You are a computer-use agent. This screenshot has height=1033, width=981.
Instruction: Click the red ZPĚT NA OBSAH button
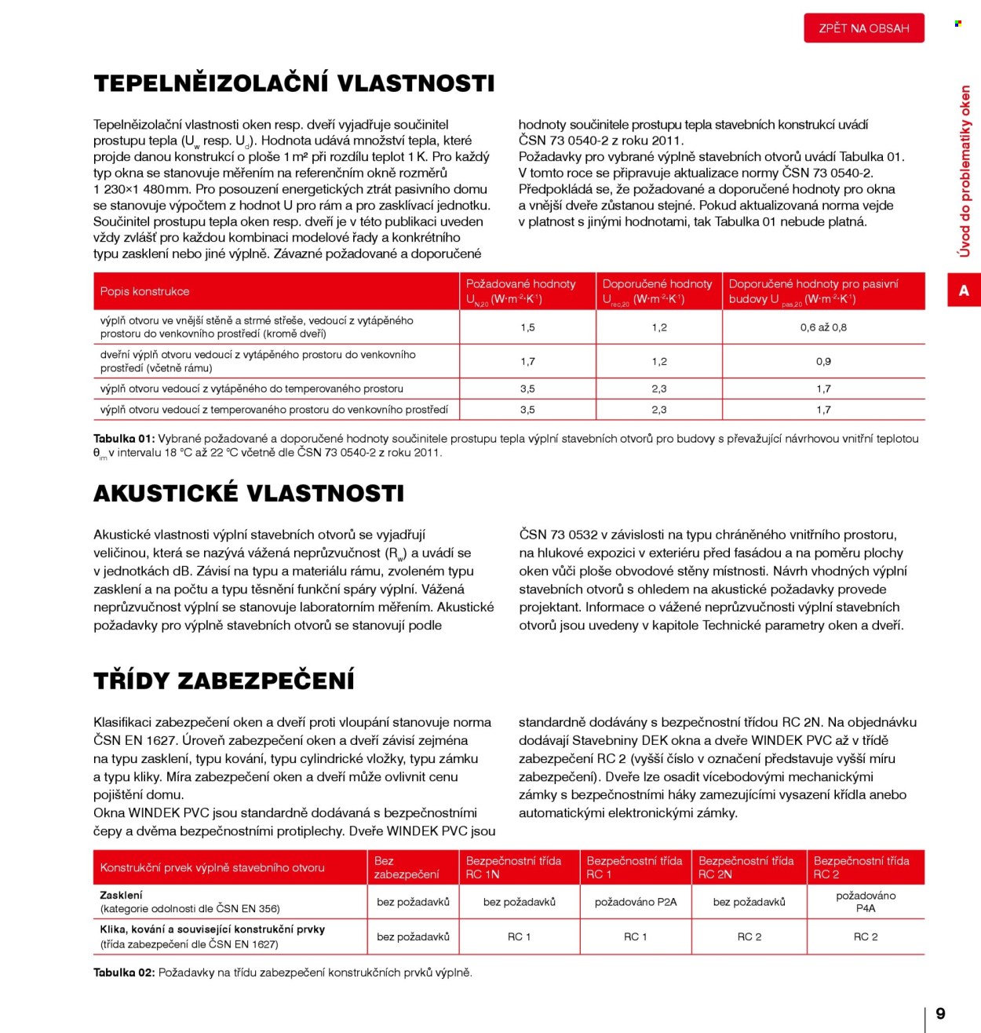[863, 28]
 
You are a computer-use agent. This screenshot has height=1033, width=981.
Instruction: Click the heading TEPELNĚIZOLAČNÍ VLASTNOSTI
[294, 83]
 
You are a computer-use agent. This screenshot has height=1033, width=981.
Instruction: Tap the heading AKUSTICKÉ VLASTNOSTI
[249, 493]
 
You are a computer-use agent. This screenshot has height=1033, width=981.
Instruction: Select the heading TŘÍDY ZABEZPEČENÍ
[224, 681]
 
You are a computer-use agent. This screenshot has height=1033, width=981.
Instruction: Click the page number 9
[940, 1013]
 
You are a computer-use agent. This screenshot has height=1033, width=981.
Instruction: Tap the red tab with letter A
[964, 291]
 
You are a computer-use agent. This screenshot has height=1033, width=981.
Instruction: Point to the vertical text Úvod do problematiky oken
[965, 171]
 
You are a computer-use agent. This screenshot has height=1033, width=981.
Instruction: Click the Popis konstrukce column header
[145, 291]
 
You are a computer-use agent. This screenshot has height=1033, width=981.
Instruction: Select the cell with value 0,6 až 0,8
[823, 327]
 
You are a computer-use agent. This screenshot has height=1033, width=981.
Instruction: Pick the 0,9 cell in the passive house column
[823, 362]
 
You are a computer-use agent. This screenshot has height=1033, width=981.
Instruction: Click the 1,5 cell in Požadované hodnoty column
[527, 327]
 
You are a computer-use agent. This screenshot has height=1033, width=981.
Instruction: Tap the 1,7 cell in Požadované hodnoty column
[527, 362]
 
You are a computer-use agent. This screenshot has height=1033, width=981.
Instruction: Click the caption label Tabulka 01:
[124, 439]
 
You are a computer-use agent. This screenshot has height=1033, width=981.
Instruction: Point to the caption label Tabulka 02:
[124, 973]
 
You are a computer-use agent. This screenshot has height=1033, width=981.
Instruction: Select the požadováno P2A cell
[635, 902]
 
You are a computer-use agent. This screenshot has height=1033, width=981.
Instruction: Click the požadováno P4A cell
[866, 902]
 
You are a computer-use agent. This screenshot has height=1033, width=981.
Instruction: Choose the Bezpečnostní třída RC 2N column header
[746, 867]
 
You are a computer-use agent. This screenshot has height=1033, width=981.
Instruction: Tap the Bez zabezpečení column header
[406, 867]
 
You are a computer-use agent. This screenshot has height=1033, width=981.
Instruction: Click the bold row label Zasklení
[122, 895]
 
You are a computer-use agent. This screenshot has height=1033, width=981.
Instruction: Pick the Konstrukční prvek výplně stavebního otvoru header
[212, 867]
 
